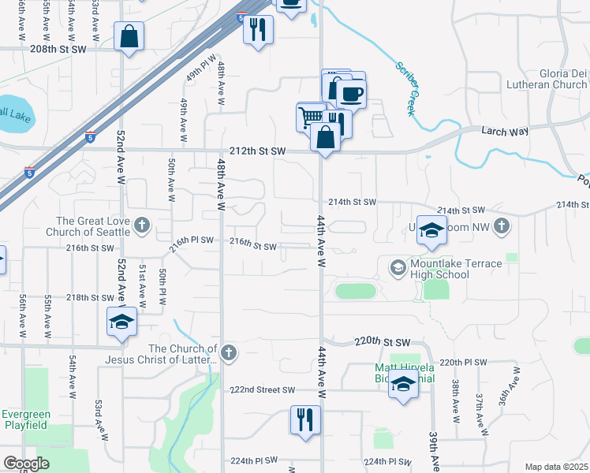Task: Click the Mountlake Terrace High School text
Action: pyautogui.click(x=447, y=269)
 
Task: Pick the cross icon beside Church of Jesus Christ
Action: pyautogui.click(x=229, y=352)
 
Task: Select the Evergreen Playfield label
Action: pyautogui.click(x=25, y=420)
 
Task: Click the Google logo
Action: pyautogui.click(x=26, y=464)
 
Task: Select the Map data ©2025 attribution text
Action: pyautogui.click(x=557, y=467)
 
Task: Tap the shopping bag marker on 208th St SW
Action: pyautogui.click(x=129, y=35)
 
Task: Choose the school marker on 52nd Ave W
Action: pyautogui.click(x=121, y=322)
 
